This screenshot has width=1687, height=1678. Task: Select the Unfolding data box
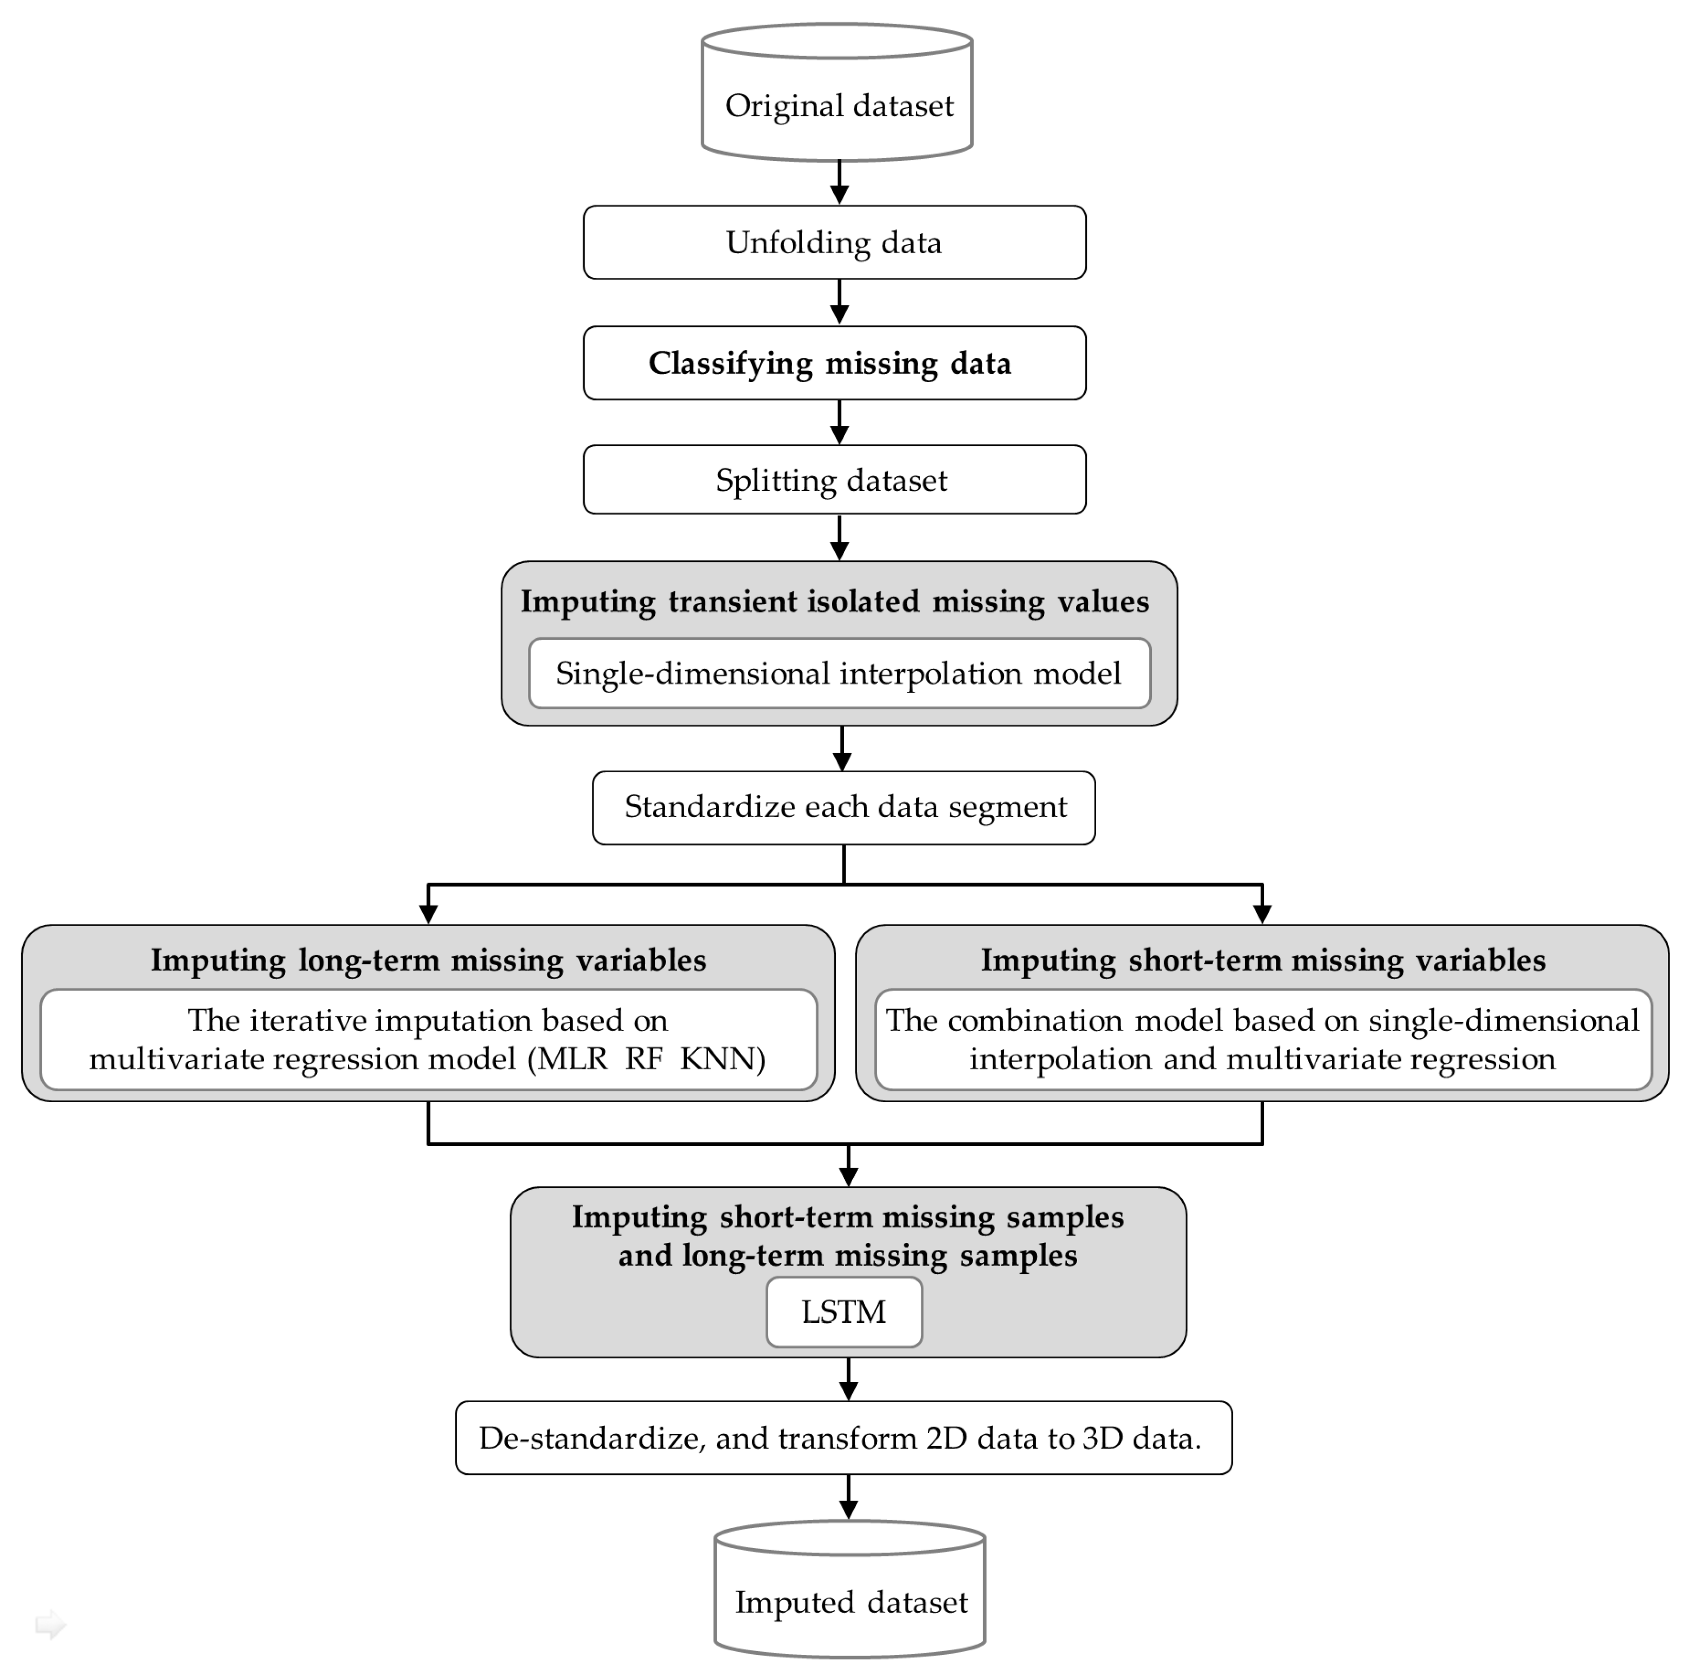[834, 243]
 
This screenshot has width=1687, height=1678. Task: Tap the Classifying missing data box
[834, 363]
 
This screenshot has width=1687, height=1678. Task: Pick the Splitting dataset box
[834, 480]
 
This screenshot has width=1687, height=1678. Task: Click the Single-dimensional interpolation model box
[838, 673]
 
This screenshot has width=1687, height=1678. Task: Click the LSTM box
[843, 1311]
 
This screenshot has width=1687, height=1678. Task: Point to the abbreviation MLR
[572, 1059]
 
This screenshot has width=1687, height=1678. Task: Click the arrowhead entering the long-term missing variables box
[428, 913]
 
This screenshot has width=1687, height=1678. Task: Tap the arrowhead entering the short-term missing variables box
[1263, 913]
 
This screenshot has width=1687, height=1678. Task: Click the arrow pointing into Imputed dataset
[848, 1497]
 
